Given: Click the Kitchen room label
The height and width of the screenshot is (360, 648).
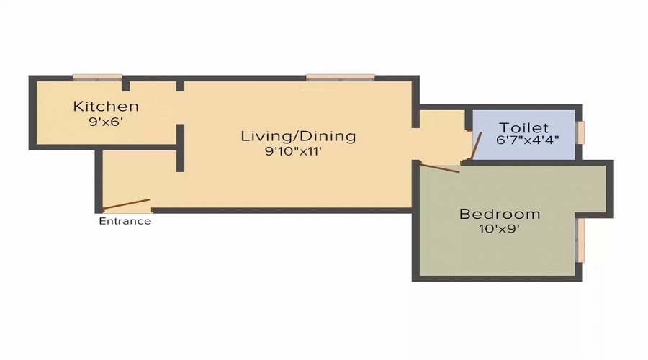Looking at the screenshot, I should click(x=106, y=107).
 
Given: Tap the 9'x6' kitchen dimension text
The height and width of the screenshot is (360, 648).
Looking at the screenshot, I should click(x=106, y=122).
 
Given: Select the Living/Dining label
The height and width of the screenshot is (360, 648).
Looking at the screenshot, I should click(x=298, y=135).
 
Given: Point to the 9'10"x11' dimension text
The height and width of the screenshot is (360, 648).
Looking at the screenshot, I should click(x=298, y=151).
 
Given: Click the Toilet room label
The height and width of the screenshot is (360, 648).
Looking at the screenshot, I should click(x=524, y=127).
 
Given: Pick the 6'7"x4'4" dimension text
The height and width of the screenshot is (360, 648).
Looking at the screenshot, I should click(x=528, y=140).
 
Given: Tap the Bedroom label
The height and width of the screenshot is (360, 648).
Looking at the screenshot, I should click(x=500, y=214).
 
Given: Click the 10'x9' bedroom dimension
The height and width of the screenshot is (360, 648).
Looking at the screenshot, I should click(x=500, y=230).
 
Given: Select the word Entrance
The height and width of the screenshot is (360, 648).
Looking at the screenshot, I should click(x=125, y=221).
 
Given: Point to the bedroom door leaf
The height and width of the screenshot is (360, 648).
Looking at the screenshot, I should click(x=439, y=169).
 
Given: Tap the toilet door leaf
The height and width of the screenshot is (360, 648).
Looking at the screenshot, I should click(x=475, y=147).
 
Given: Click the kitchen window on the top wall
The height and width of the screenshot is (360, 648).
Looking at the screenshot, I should click(x=96, y=76).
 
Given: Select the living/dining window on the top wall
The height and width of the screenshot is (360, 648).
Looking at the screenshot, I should click(x=340, y=76).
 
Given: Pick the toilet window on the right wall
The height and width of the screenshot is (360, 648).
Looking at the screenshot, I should click(x=580, y=132).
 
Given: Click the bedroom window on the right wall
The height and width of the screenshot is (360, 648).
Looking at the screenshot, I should click(x=580, y=240).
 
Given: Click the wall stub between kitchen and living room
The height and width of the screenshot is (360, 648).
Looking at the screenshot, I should click(x=180, y=148).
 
